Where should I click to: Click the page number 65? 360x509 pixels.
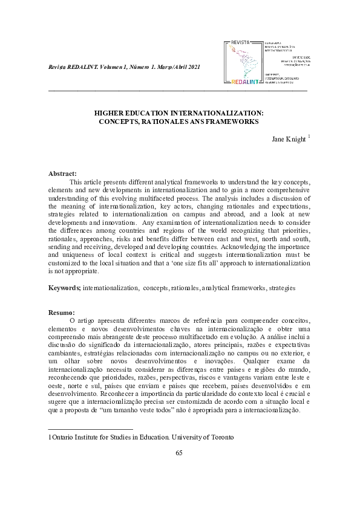click(x=179, y=453)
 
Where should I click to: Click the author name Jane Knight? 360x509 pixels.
click(x=289, y=140)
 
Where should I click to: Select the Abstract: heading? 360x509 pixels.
click(x=62, y=173)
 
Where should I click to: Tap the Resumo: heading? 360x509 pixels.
click(x=61, y=312)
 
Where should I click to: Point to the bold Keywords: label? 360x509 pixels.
click(x=65, y=288)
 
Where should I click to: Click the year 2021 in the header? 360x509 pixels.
click(x=189, y=66)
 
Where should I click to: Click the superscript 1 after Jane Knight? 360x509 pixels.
click(x=309, y=137)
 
